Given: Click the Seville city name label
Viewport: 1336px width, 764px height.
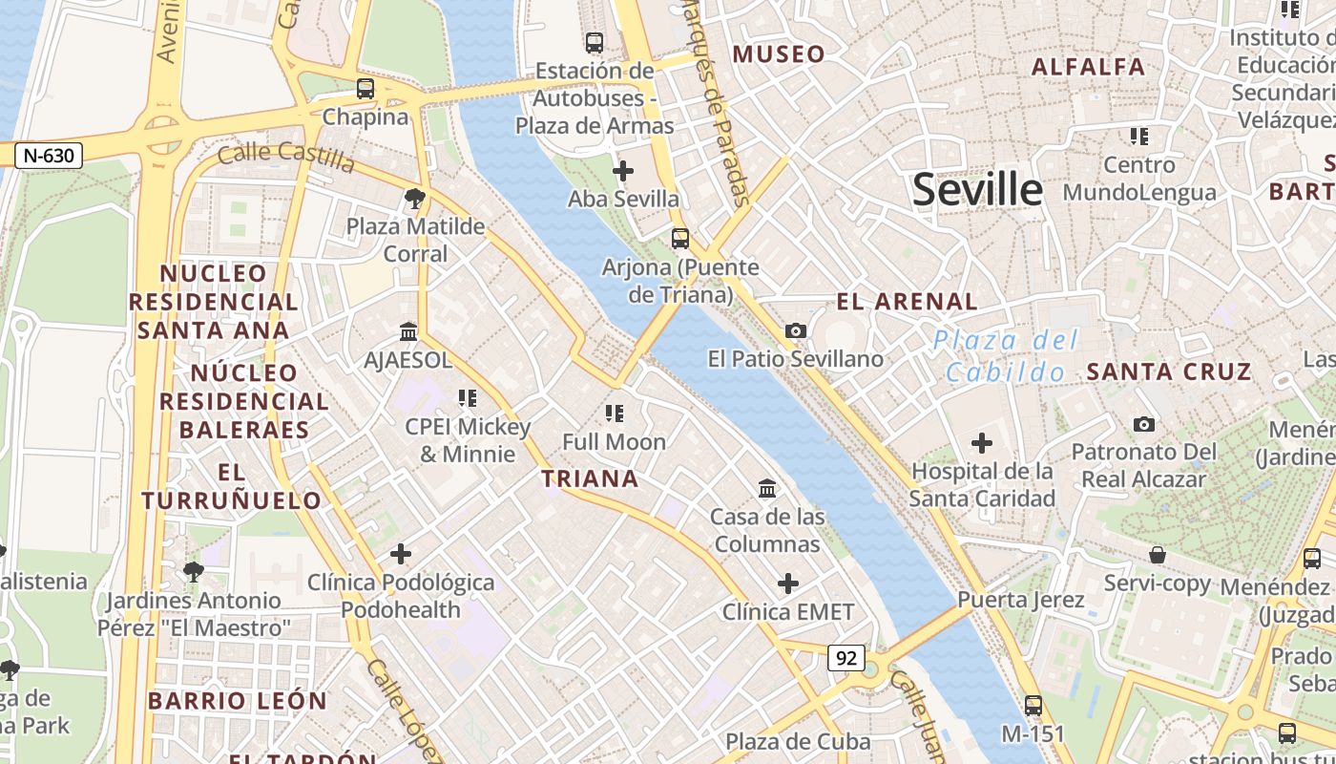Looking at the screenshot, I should (977, 190).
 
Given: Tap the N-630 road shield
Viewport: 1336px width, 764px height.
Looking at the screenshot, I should (49, 155).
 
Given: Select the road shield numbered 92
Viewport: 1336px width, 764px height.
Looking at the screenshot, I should (845, 657).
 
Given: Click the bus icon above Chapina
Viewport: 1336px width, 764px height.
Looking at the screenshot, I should (365, 89).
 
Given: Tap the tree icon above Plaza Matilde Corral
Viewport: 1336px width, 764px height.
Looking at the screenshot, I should (414, 199).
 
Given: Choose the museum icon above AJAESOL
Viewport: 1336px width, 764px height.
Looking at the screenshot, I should (408, 331).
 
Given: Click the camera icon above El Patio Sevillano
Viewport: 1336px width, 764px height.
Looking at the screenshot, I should (795, 330).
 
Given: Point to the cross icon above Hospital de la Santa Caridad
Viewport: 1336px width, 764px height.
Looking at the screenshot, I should (981, 443).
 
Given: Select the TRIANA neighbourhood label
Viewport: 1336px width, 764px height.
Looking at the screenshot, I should (590, 478).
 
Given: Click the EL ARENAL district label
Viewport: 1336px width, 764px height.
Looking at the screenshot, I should (907, 302).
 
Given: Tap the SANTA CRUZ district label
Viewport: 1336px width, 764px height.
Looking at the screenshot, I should (1169, 371).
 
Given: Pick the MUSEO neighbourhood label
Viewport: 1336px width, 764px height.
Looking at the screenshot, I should (779, 54).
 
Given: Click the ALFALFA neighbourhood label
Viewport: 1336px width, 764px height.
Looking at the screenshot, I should (1089, 67).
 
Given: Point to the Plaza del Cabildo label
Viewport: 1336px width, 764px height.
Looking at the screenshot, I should (1006, 355).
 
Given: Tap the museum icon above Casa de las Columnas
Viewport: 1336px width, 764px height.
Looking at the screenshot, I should (766, 489).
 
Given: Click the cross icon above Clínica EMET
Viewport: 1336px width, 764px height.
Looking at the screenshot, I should (788, 583).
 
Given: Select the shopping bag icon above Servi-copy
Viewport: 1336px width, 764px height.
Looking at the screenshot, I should (1157, 555).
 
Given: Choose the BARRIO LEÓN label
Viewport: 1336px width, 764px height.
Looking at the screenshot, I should (238, 701).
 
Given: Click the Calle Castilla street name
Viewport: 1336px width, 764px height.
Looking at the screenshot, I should (286, 156).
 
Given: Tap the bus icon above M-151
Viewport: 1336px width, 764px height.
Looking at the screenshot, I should (1033, 706).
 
